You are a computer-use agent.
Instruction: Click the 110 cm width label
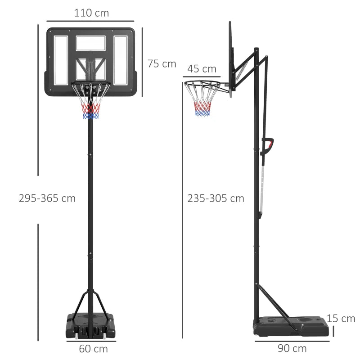click(x=91, y=13)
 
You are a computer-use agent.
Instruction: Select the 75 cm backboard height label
click(x=162, y=64)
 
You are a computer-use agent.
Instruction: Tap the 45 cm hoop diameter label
click(x=202, y=69)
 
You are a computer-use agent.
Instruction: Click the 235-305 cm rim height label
click(x=216, y=198)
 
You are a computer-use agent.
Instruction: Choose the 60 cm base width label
click(x=94, y=348)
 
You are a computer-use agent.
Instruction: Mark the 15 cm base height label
click(x=341, y=319)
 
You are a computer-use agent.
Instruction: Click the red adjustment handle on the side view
click(x=269, y=145)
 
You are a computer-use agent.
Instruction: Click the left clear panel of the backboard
click(x=61, y=60)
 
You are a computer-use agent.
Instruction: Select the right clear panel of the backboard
click(x=121, y=60)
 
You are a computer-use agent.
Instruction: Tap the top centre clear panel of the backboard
click(x=90, y=43)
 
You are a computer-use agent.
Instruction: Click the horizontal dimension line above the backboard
click(x=90, y=21)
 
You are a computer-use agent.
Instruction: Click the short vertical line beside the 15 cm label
click(x=334, y=331)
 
